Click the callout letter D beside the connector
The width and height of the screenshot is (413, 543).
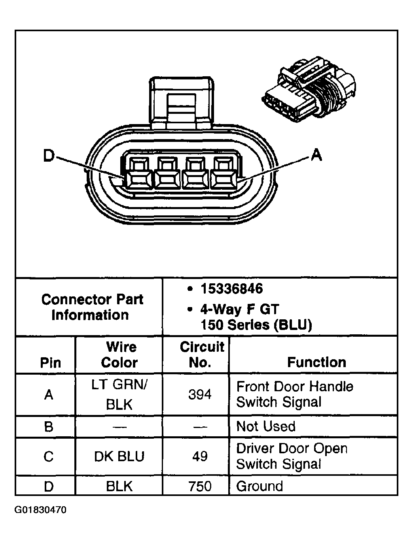pyautogui.click(x=48, y=156)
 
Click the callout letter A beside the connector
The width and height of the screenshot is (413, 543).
pyautogui.click(x=316, y=155)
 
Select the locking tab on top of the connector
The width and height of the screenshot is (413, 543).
pyautogui.click(x=181, y=103)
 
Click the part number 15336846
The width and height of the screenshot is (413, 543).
pyautogui.click(x=231, y=288)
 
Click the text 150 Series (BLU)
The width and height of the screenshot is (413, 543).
pyautogui.click(x=256, y=325)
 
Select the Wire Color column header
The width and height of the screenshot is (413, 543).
pyautogui.click(x=120, y=354)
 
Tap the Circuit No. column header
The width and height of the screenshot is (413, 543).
pyautogui.click(x=201, y=354)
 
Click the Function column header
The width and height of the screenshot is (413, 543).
pyautogui.click(x=316, y=362)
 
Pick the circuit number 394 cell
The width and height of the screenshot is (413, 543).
pyautogui.click(x=200, y=394)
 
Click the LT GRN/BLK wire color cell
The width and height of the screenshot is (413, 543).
pyautogui.click(x=119, y=394)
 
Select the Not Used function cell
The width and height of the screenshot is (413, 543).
pyautogui.click(x=266, y=426)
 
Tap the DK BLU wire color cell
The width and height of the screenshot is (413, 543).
pyautogui.click(x=119, y=456)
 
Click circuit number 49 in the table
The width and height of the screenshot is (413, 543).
pyautogui.click(x=200, y=456)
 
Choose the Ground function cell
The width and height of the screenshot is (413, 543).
pyautogui.click(x=260, y=486)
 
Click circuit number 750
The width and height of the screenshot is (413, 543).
pyautogui.click(x=200, y=486)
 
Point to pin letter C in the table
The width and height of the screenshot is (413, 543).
pyautogui.click(x=49, y=456)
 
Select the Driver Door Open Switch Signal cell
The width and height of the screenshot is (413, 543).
pyautogui.click(x=292, y=456)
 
